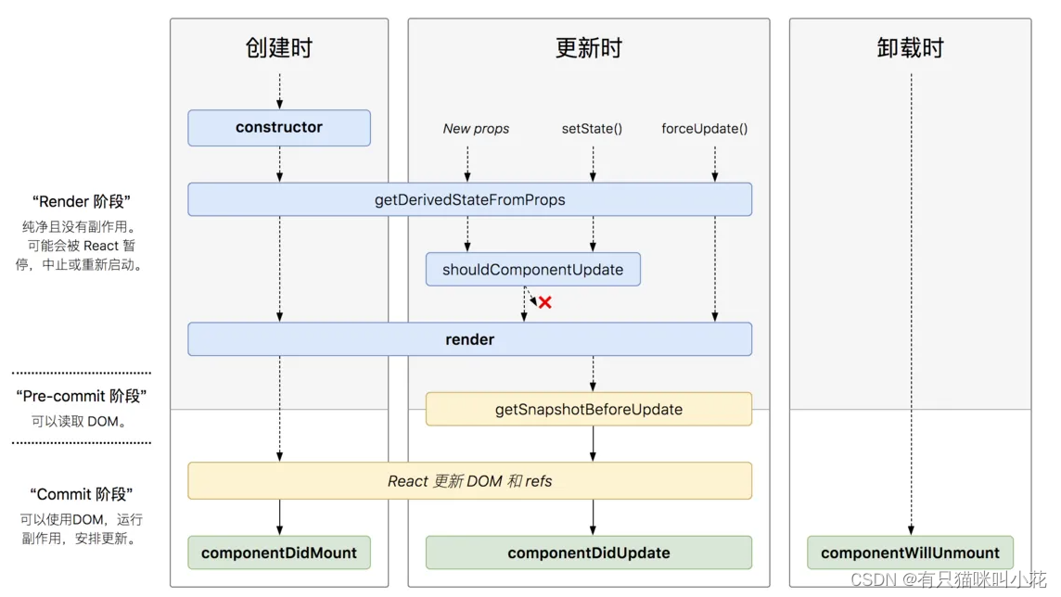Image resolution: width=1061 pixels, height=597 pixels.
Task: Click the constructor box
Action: click(279, 128)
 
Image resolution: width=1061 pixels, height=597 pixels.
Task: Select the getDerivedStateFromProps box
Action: click(469, 199)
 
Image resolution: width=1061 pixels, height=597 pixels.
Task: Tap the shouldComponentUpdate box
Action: click(532, 270)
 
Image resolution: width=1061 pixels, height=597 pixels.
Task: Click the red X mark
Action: click(545, 302)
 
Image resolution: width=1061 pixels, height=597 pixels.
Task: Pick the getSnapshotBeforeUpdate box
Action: click(588, 409)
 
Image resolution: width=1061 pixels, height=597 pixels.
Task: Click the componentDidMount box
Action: click(279, 553)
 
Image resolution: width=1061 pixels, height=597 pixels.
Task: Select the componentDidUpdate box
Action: click(588, 553)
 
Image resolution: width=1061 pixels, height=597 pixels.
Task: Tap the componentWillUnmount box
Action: click(910, 553)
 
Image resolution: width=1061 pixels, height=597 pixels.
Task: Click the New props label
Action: click(476, 129)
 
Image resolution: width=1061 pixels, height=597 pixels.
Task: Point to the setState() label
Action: click(592, 129)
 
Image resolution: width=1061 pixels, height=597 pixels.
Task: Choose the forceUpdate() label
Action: click(704, 129)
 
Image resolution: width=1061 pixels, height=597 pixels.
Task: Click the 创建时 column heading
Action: click(279, 48)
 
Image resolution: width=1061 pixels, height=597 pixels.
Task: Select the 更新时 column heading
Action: click(588, 48)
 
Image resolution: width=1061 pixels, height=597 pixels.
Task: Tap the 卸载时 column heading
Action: click(910, 48)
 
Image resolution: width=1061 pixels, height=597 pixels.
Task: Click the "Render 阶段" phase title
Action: click(82, 201)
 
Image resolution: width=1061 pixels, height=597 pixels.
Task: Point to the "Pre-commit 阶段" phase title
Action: click(82, 396)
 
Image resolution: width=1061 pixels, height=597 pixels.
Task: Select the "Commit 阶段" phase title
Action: click(82, 494)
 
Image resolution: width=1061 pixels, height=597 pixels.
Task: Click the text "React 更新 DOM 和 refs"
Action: click(469, 481)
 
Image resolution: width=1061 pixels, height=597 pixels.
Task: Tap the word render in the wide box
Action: click(469, 339)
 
